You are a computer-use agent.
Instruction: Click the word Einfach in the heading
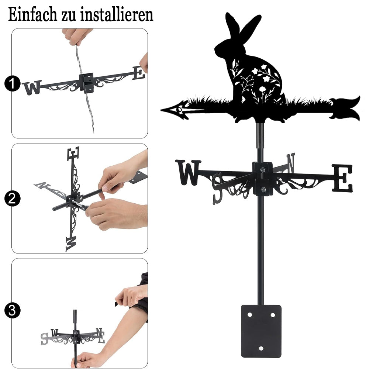coord(32,15)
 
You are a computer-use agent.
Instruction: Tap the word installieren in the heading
coord(117,15)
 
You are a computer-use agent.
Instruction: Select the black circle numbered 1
coord(13,83)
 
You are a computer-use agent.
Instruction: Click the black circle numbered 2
coord(13,199)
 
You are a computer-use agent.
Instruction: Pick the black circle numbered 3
coord(13,310)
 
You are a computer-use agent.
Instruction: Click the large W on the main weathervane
coord(188,172)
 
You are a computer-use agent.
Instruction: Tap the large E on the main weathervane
coord(342,178)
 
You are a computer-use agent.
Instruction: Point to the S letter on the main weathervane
coord(218,189)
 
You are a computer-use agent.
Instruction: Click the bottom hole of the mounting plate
coord(261,348)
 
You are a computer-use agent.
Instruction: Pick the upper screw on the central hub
coord(262,169)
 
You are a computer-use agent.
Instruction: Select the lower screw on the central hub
coord(263,189)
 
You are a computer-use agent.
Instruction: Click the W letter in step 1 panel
coord(32,87)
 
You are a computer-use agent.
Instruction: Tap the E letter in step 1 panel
coord(139,73)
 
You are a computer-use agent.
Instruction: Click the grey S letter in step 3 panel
coord(44,339)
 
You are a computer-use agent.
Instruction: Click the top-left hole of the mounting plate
coord(250,315)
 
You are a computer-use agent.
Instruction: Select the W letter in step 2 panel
coord(71,244)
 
